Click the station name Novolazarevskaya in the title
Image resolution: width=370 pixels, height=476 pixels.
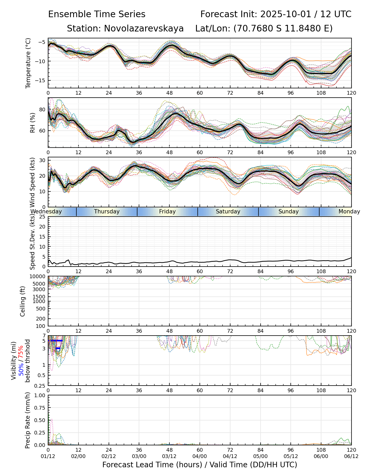(x=144, y=28)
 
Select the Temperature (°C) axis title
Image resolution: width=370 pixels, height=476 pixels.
(x=28, y=63)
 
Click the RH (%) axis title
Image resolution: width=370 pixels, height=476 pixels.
(x=33, y=123)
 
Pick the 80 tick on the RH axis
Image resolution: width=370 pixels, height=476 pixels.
(x=42, y=109)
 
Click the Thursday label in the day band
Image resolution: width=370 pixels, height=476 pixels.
(x=107, y=212)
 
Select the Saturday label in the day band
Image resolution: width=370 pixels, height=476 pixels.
(x=228, y=212)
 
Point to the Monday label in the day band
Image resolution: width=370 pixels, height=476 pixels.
(x=349, y=212)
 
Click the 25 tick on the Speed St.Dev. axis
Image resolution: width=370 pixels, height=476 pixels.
(x=42, y=217)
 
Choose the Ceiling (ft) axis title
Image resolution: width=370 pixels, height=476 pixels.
(x=23, y=301)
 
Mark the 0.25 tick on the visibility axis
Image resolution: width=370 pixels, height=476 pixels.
(x=41, y=385)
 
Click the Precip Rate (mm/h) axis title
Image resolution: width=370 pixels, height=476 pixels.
(x=27, y=420)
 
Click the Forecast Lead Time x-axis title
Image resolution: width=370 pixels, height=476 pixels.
(x=200, y=465)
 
